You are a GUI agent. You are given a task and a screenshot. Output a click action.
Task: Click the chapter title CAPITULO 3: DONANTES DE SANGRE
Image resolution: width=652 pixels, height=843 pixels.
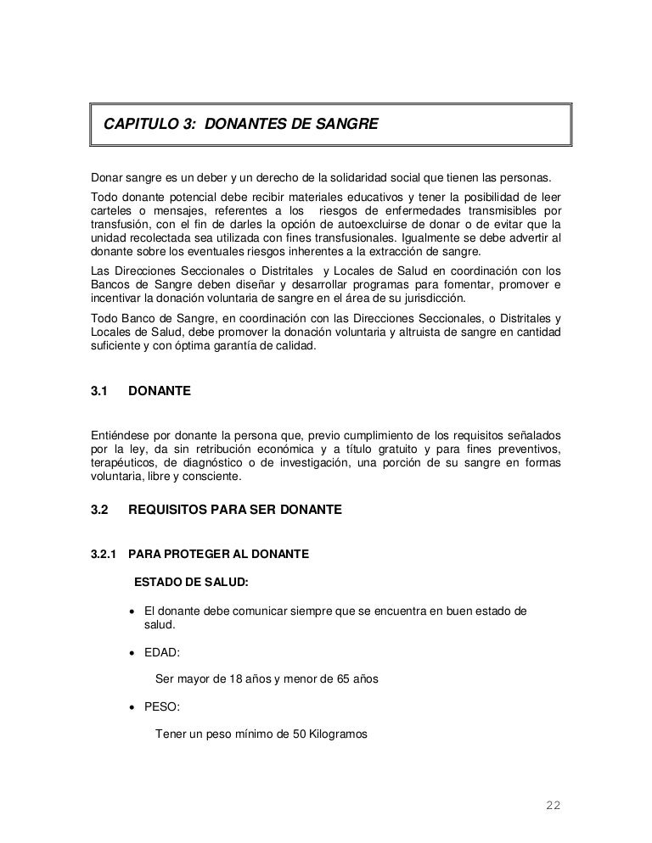tap(240, 126)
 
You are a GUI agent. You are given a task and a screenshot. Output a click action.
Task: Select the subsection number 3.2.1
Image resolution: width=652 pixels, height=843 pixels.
tap(104, 555)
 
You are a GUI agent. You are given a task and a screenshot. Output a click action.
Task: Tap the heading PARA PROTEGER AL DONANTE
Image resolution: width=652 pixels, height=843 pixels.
tap(218, 555)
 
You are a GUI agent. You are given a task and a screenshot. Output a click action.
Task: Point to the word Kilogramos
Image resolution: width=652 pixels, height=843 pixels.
tap(337, 734)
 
